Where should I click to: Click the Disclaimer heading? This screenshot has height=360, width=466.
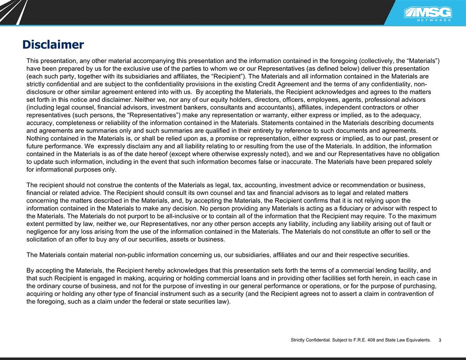click(53, 45)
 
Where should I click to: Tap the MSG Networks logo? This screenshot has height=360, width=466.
click(428, 14)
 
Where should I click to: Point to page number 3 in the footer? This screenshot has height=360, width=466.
click(440, 340)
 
